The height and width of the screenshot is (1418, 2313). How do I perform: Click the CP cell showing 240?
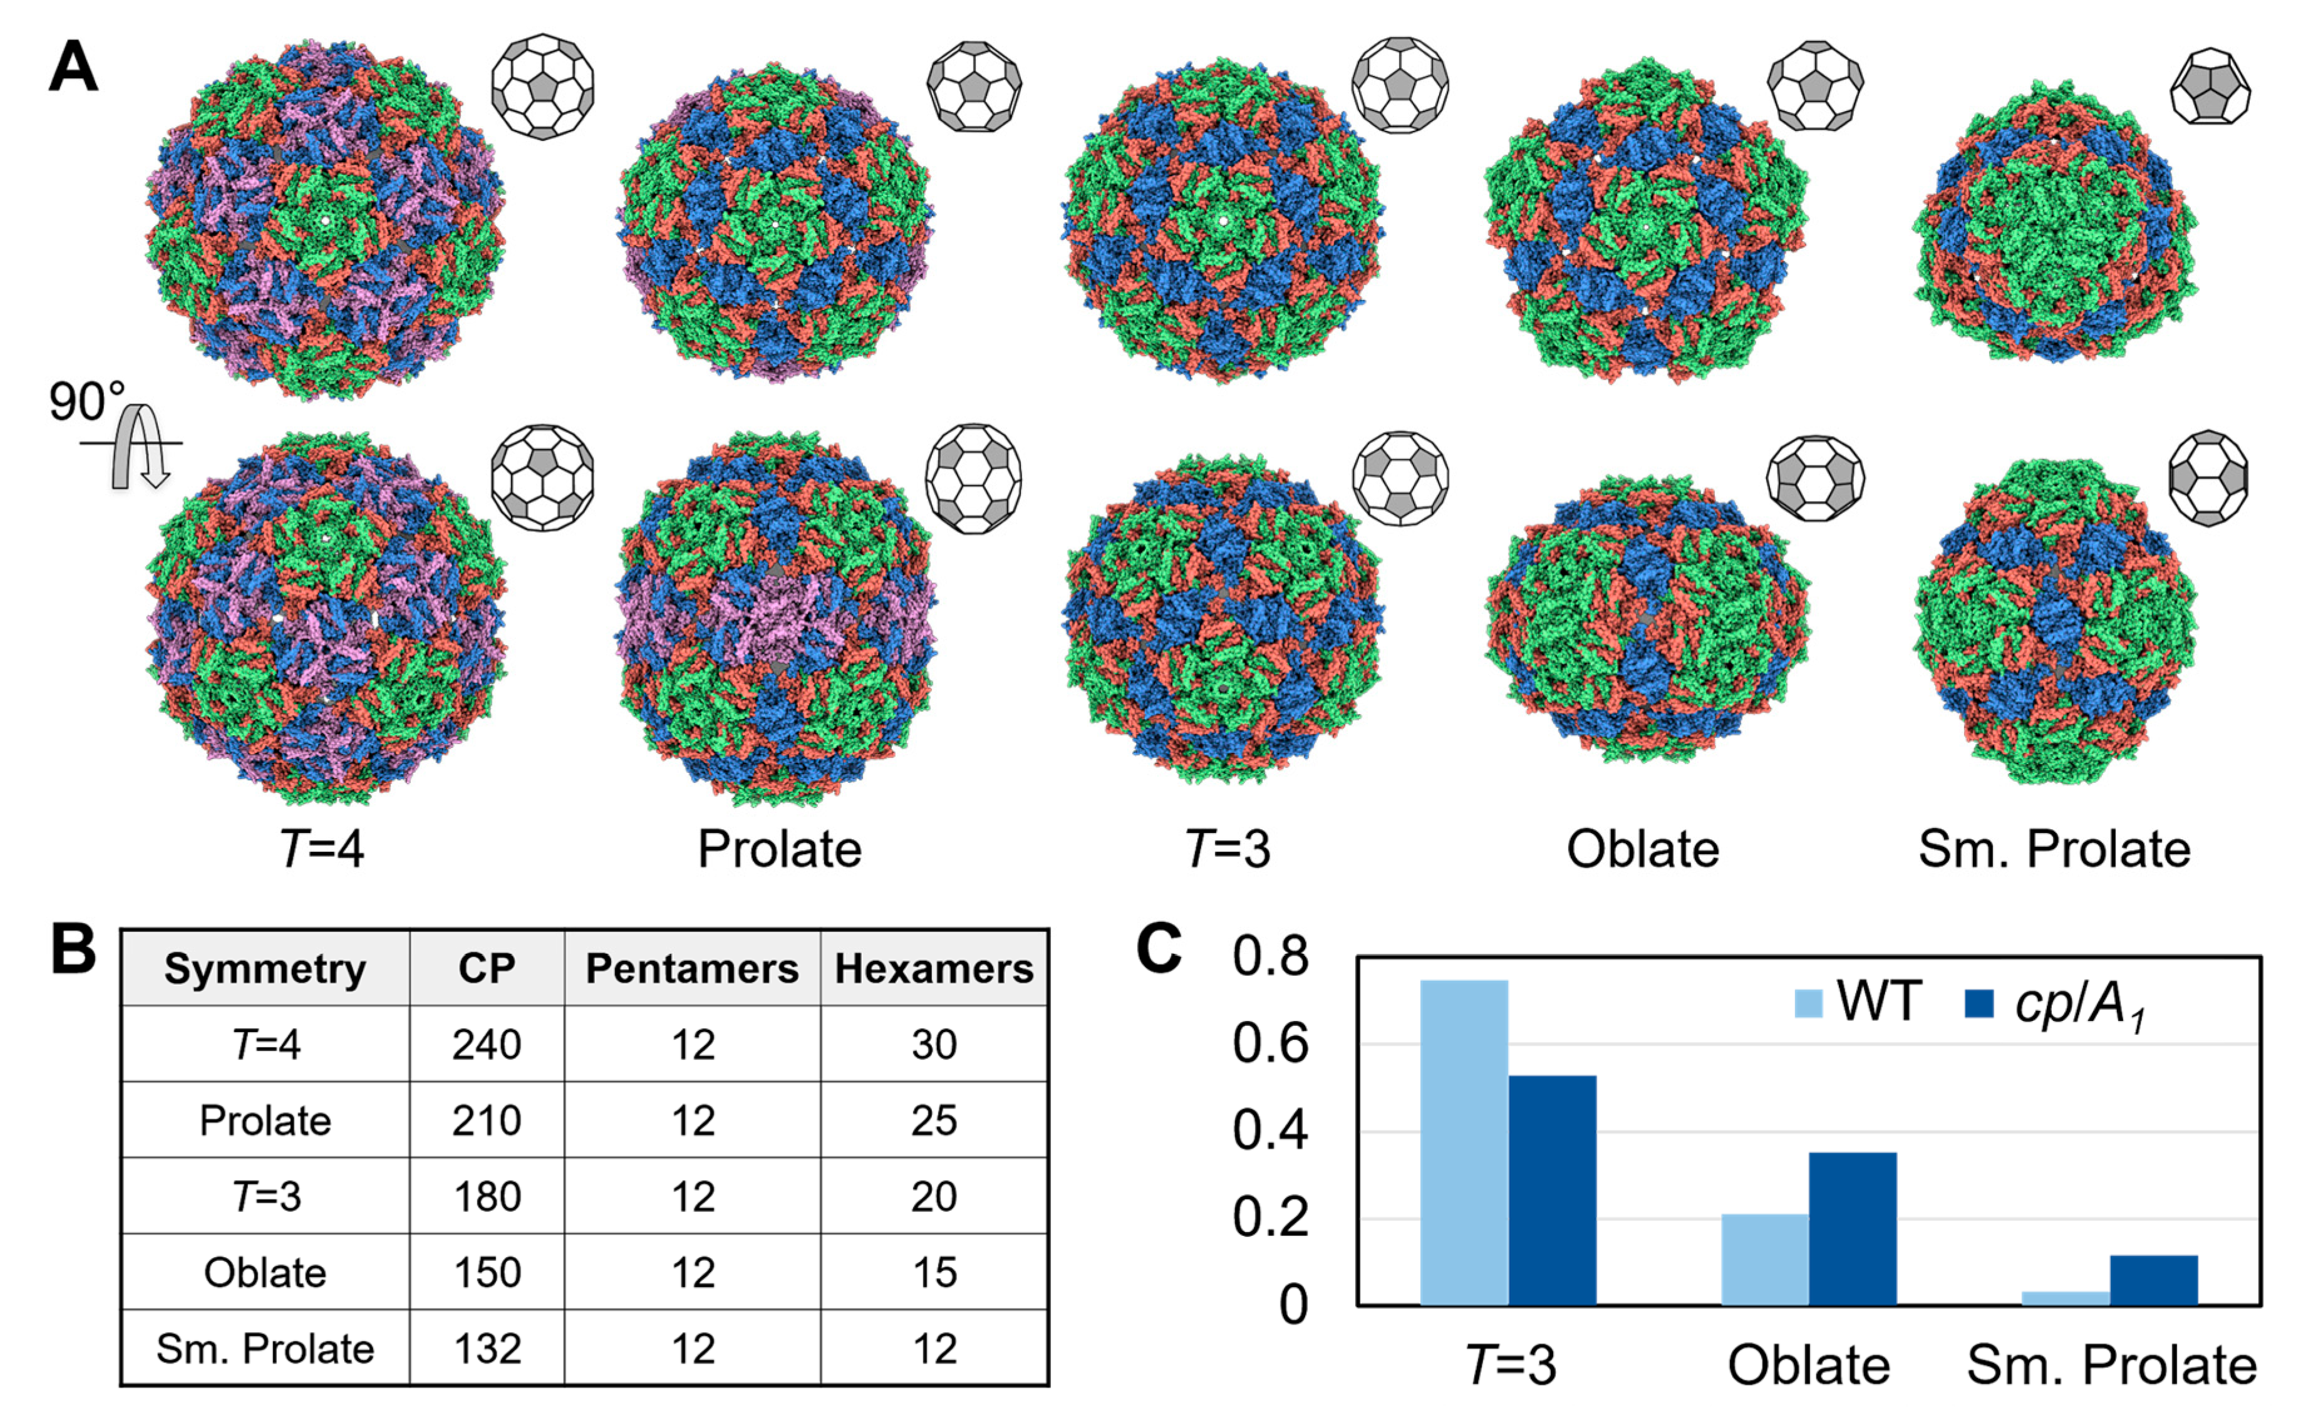pos(486,1045)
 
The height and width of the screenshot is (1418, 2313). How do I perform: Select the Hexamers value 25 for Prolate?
pos(934,1120)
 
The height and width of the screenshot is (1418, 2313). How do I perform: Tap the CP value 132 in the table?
pos(486,1348)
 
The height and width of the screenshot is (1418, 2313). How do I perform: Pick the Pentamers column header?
pos(692,968)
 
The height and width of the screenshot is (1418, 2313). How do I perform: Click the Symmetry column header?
pos(265,968)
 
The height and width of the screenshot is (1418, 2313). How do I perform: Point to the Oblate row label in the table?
pos(265,1273)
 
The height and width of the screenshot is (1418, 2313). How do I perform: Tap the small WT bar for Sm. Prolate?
pos(2065,1298)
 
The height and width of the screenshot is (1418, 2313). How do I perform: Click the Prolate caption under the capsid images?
pos(779,849)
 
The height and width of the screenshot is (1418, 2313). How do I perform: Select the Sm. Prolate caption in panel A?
pos(2054,849)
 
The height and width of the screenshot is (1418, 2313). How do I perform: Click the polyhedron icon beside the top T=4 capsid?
pos(542,86)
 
